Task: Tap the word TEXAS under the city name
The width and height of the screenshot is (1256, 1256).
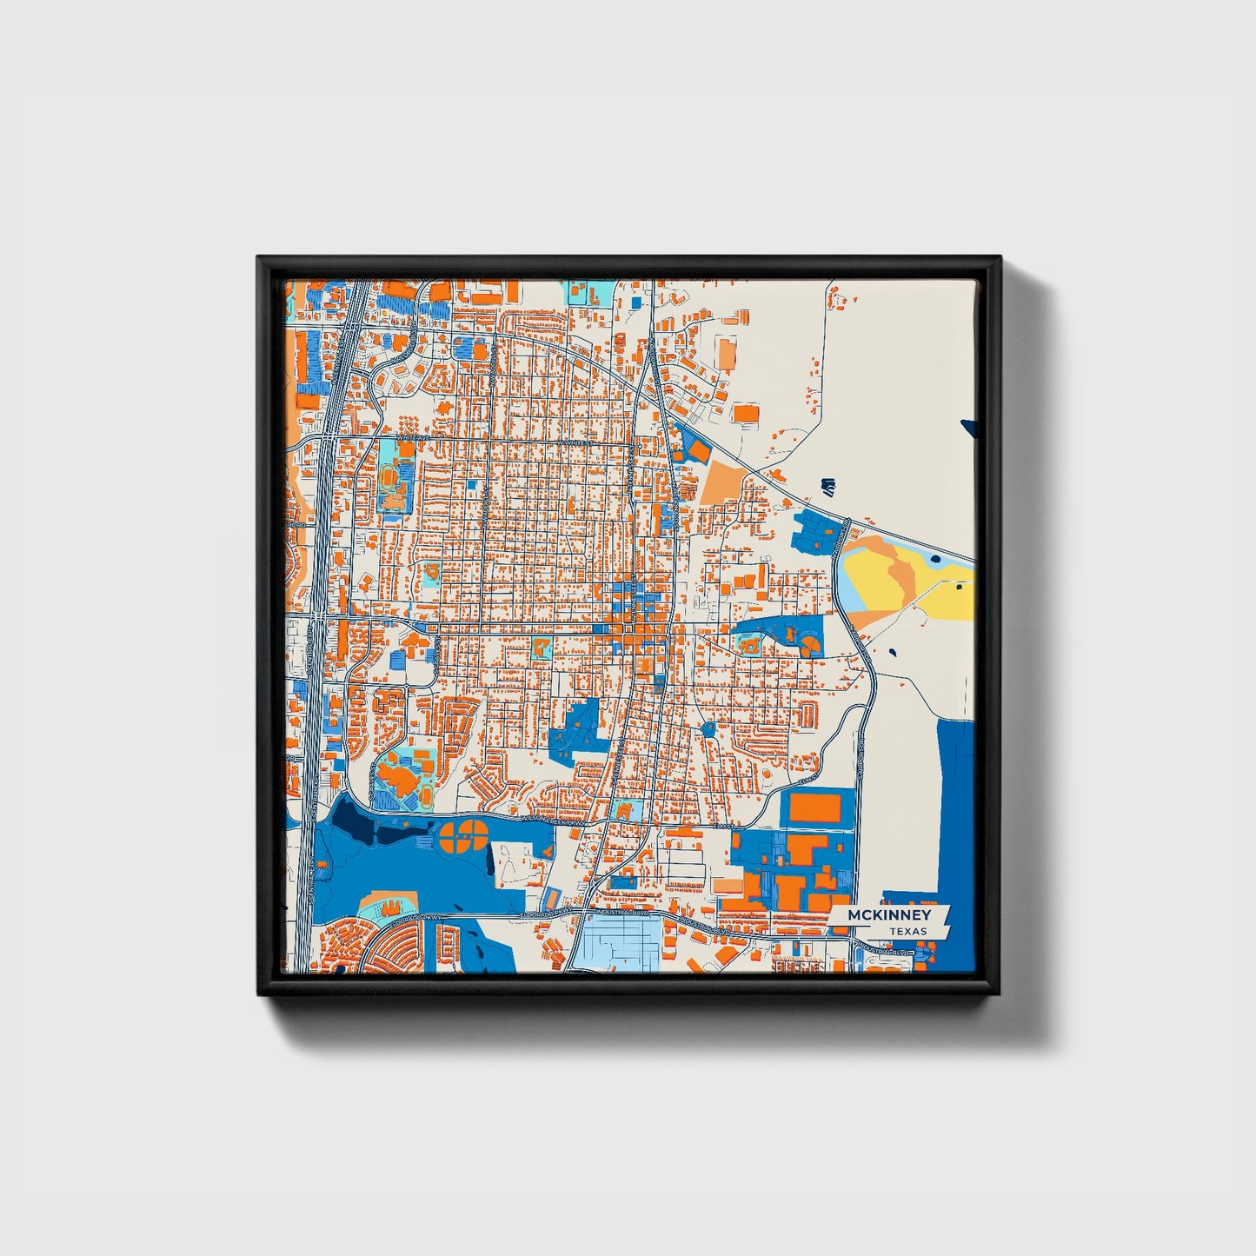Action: [907, 932]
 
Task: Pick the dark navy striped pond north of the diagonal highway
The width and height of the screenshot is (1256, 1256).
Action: [827, 486]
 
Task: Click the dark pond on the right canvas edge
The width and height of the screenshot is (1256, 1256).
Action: [968, 427]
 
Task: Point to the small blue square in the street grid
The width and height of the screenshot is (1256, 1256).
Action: [472, 483]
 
